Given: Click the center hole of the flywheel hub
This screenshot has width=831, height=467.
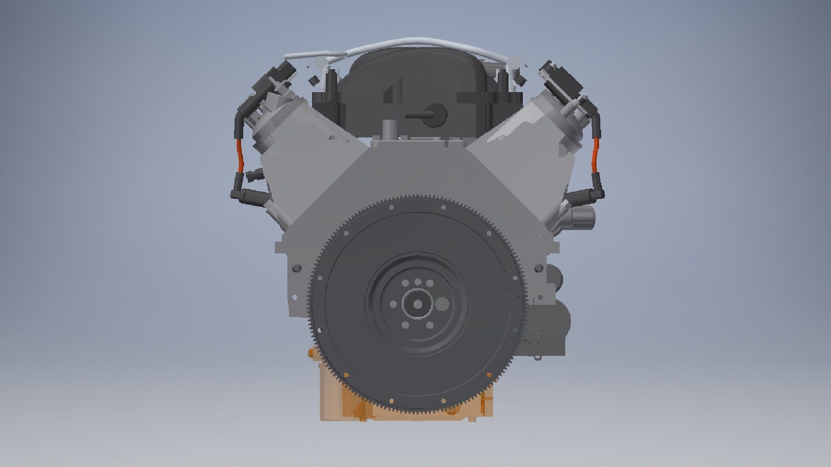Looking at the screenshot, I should click(x=418, y=304).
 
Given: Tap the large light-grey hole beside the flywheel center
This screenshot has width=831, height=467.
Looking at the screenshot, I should click(x=441, y=304).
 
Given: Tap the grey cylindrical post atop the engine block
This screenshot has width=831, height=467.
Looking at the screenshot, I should click(x=389, y=129).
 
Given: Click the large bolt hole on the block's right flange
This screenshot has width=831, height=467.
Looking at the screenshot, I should click(x=539, y=268).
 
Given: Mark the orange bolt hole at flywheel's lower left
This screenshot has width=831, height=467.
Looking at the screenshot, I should click(x=346, y=375).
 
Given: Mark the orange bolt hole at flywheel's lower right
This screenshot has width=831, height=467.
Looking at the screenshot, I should click(x=489, y=375).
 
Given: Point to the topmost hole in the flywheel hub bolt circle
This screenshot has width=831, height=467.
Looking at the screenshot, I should click(x=418, y=282).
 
